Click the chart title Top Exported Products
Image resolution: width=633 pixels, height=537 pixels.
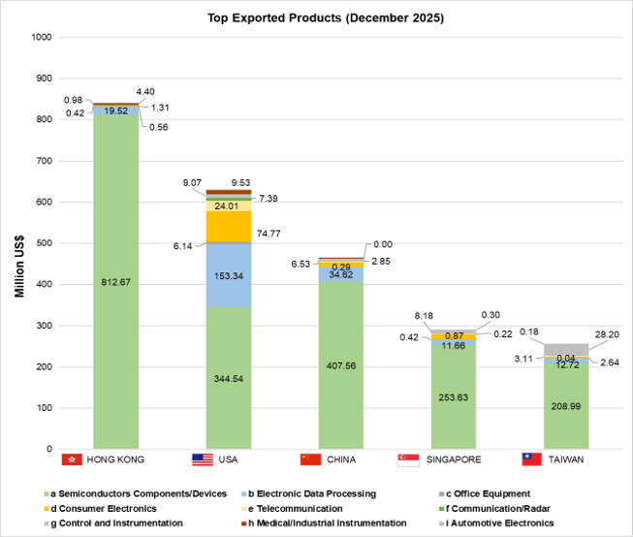coord(317,18)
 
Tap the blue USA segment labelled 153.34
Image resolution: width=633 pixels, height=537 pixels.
coord(230,275)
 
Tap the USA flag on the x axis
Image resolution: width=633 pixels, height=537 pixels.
coord(203,459)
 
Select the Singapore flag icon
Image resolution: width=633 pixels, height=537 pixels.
coord(409,459)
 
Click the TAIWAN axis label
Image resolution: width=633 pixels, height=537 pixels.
coord(566,459)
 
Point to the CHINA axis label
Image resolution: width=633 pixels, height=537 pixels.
coord(346,459)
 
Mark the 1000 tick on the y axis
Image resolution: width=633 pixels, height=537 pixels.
coord(42,38)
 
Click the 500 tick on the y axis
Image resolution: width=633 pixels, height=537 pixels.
coord(44,243)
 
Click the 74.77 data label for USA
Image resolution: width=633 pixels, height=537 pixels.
coord(272,234)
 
